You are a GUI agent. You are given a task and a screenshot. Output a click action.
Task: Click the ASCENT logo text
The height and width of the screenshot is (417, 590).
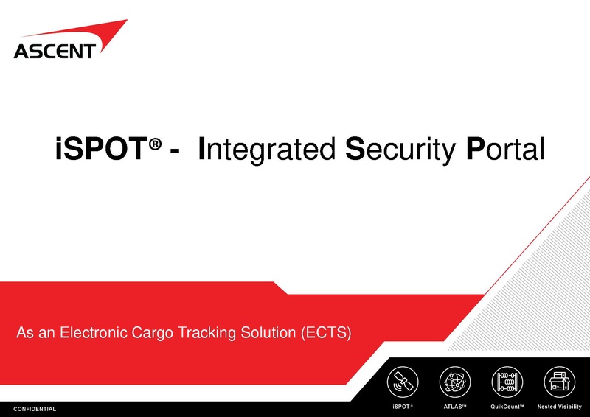coord(55,51)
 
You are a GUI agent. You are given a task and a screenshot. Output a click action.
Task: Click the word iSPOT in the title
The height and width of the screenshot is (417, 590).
coord(100,149)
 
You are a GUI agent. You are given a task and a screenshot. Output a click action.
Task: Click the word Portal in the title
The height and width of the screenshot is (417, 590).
coord(505,149)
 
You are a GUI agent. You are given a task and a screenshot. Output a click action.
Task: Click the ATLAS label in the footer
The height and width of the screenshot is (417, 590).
coord(454,407)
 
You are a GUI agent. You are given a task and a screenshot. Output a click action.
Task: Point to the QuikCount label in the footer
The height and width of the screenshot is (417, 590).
coord(507,407)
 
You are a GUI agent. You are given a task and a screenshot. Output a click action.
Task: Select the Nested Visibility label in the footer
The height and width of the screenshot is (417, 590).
coord(558,407)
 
